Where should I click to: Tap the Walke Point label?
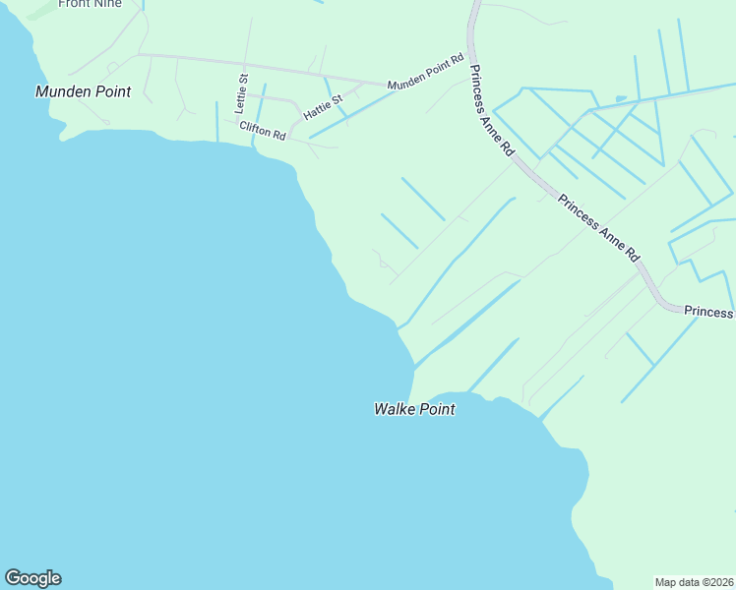tap(414, 409)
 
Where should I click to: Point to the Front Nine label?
tap(90, 4)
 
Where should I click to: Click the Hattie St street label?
tap(323, 106)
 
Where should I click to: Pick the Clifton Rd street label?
tap(262, 130)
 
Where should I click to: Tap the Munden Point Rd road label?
tap(425, 74)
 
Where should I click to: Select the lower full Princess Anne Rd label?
tap(599, 227)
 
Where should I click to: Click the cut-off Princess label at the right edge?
tap(709, 312)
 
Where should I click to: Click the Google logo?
tap(32, 578)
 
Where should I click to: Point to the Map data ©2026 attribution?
tap(695, 581)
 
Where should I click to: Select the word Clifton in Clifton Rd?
tap(254, 128)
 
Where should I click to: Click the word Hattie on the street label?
tap(318, 109)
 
